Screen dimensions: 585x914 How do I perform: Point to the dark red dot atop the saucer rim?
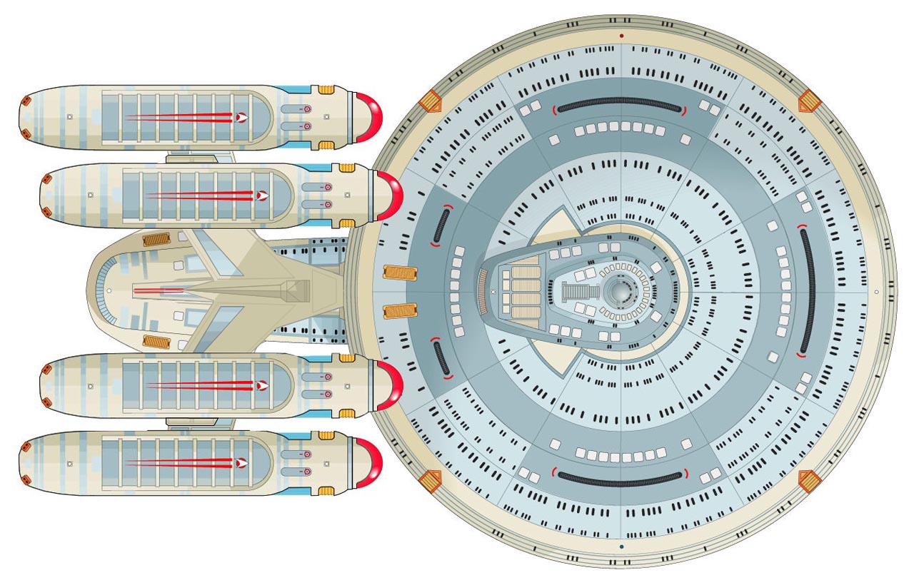[x=622, y=36]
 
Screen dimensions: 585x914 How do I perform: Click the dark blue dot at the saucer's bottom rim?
[x=622, y=546]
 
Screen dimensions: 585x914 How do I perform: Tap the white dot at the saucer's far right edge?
[x=876, y=292]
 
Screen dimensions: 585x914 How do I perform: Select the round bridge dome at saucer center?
[x=618, y=292]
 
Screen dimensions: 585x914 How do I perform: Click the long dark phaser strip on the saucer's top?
[x=619, y=105]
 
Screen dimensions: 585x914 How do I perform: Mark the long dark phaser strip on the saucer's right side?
[x=807, y=292]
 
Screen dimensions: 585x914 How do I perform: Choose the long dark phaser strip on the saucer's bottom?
[x=619, y=479]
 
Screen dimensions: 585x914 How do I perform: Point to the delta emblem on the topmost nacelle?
[x=243, y=117]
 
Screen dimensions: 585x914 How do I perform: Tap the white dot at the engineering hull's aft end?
[x=109, y=291]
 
